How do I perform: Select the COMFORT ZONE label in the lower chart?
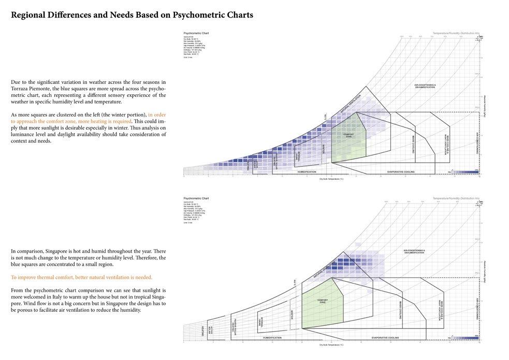click(x=322, y=301)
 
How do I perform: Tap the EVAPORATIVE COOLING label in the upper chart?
click(x=401, y=171)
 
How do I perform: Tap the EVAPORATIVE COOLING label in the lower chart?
click(x=385, y=338)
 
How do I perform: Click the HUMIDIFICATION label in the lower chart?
click(x=272, y=338)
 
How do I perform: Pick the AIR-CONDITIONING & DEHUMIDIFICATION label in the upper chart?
click(x=425, y=86)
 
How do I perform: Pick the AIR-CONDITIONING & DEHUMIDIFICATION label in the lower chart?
click(x=414, y=251)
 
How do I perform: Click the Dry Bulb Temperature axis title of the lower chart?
click(x=331, y=344)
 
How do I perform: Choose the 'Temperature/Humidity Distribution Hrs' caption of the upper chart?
click(x=456, y=33)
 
